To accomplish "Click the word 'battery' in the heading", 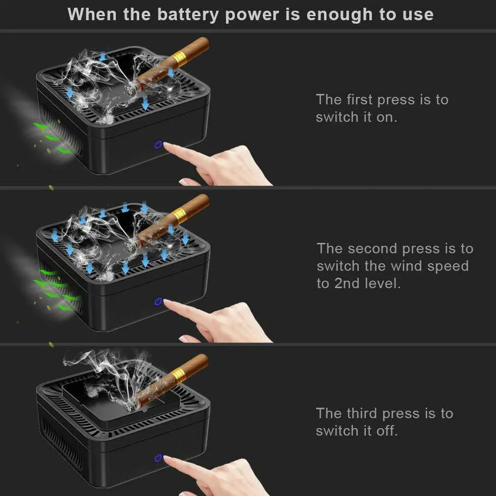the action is pos(188,15).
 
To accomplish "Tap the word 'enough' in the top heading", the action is pos(339,15).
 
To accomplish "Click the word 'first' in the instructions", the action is pos(359,100).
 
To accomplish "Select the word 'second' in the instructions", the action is pos(372,248).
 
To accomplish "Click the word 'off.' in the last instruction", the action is pos(387,431).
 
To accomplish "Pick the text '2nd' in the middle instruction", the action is pos(347,283).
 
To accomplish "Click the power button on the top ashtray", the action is pos(158,145).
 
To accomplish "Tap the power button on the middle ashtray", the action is pos(158,302).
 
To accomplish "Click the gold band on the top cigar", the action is pos(179,59).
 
